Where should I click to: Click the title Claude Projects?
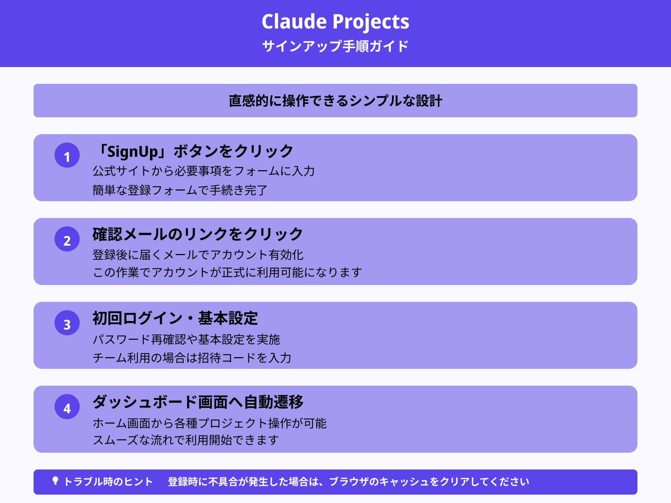(335, 22)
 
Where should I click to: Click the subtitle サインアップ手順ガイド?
(335, 46)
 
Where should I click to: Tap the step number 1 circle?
(67, 156)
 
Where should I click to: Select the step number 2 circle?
(67, 239)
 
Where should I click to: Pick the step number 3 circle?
(67, 323)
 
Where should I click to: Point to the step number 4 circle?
(67, 407)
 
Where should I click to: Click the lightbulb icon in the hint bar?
(55, 481)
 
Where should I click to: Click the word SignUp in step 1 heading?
(133, 152)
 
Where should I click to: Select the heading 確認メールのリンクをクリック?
(198, 234)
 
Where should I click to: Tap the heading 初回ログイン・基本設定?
(175, 318)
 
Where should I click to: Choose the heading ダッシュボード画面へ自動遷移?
(198, 402)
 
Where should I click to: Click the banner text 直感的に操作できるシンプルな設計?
(335, 101)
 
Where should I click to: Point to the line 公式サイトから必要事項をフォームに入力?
(203, 171)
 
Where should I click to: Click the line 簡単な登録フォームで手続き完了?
(180, 190)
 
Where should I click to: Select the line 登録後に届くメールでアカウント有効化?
(198, 255)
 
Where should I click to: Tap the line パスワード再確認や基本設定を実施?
(186, 339)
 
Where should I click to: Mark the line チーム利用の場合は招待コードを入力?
(192, 358)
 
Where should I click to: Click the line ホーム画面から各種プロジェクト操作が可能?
(209, 423)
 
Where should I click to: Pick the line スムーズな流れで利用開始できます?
(186, 440)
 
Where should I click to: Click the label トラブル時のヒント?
(108, 482)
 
